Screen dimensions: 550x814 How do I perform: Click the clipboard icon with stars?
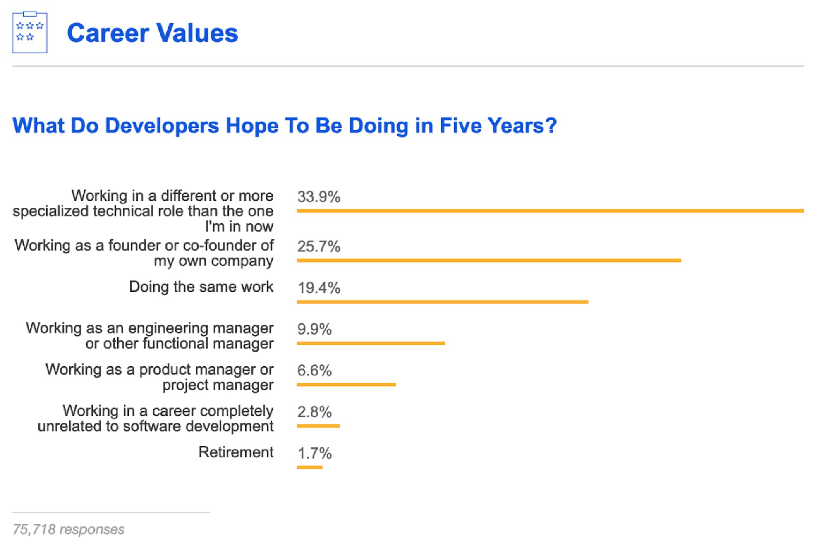30,33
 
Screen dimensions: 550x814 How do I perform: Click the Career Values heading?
152,33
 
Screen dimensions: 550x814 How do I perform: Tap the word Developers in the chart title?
162,126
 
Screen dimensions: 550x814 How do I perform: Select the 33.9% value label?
318,197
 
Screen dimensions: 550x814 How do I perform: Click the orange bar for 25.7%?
488,261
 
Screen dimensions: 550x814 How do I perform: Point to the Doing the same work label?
201,287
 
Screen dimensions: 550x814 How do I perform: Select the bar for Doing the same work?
442,302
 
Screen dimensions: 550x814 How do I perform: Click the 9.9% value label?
314,329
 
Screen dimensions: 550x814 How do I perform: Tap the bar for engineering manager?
371,343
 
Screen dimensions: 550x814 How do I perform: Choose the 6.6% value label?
314,371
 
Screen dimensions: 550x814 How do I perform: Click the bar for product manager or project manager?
346,385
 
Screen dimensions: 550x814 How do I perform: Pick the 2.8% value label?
314,412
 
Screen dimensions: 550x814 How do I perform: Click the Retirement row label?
236,452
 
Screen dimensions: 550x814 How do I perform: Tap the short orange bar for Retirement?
309,467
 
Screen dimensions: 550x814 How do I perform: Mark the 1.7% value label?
314,453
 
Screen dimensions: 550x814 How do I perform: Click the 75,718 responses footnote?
68,529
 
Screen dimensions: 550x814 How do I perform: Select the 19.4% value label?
318,288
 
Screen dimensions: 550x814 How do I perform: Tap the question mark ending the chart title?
552,126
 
